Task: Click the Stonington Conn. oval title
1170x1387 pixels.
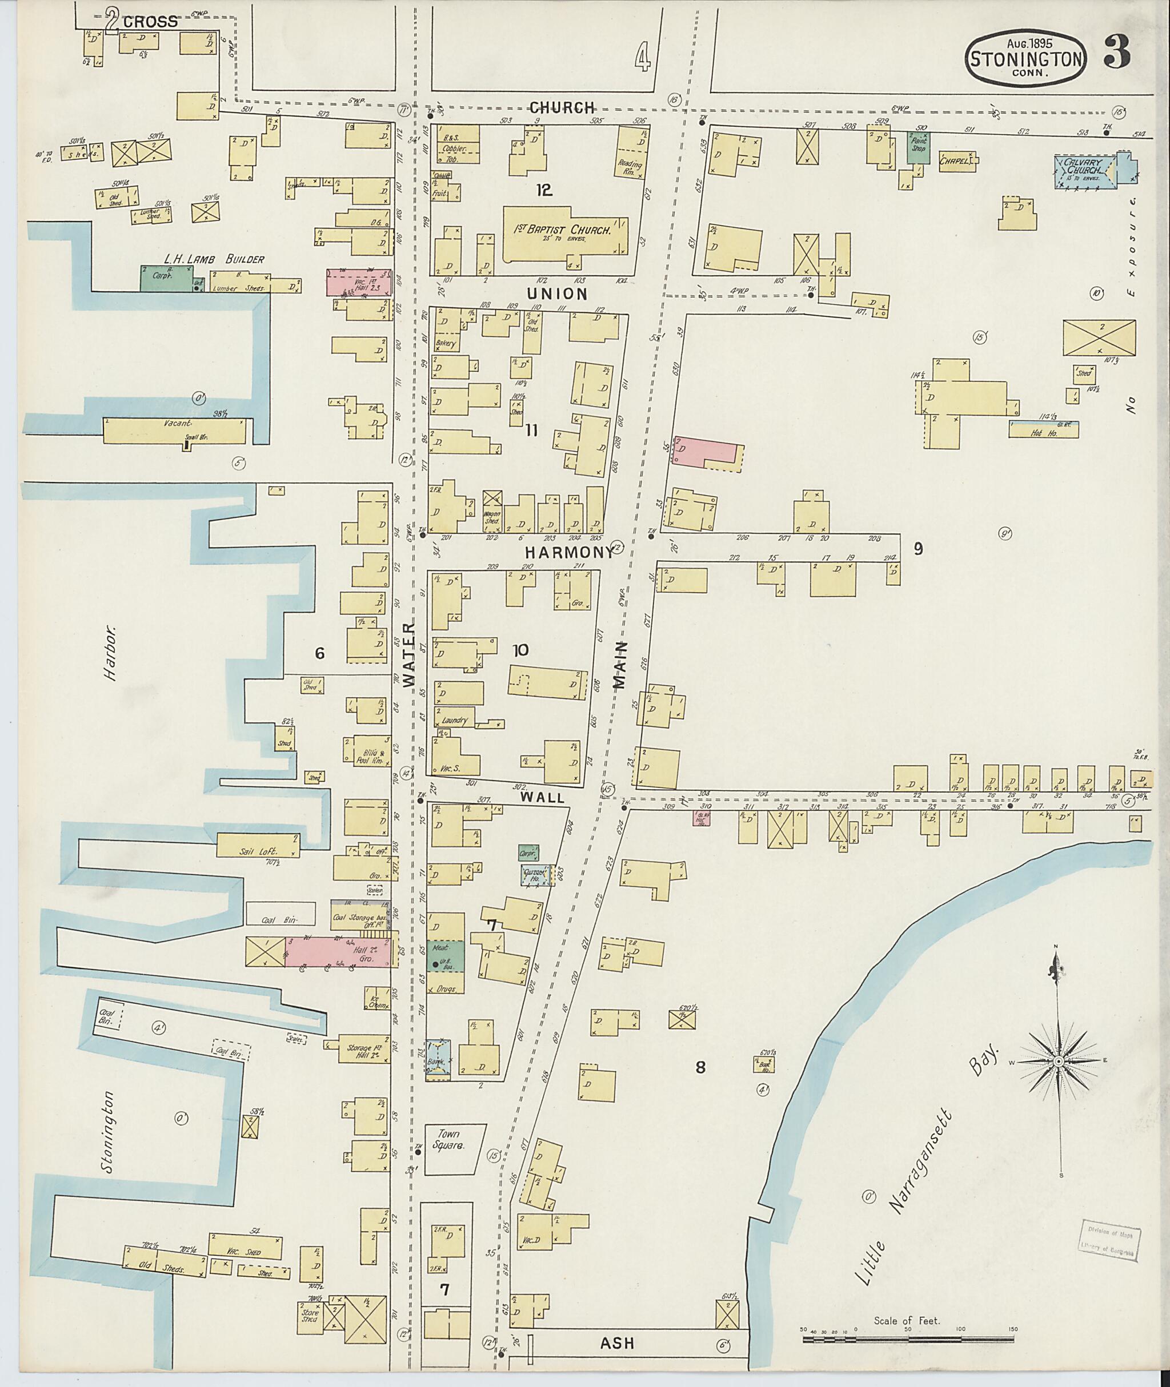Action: tap(1026, 59)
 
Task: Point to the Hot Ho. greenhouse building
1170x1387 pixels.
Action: tap(1043, 429)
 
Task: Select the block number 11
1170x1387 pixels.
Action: tap(531, 431)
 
